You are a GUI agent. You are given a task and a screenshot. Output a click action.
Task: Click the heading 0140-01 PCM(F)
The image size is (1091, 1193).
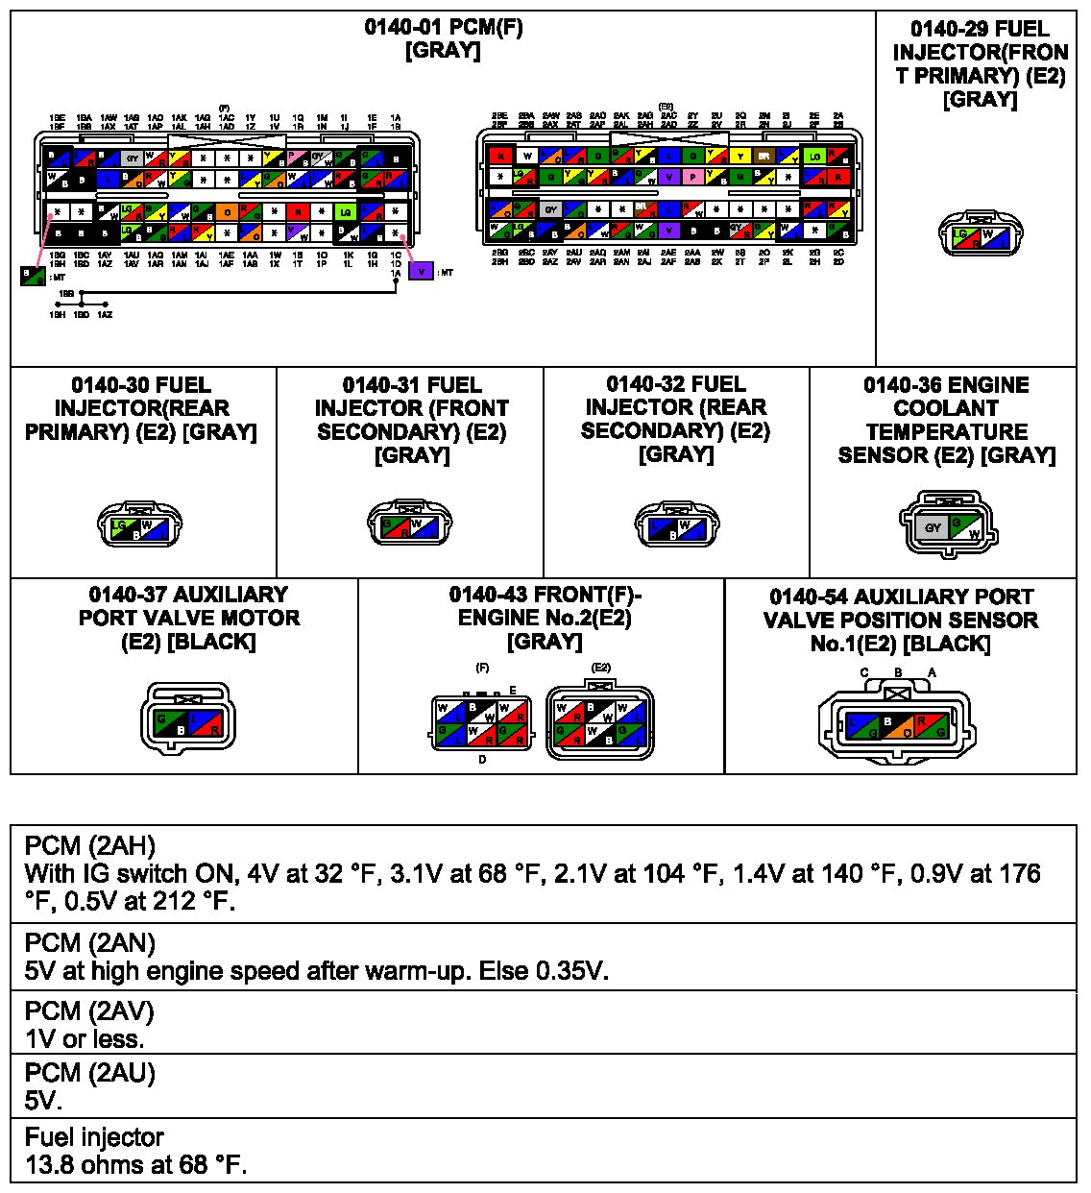(x=443, y=27)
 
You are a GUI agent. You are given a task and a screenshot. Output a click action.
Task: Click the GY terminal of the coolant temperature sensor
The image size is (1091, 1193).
(x=933, y=527)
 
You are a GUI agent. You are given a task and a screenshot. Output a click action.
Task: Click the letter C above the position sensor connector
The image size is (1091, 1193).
(x=864, y=673)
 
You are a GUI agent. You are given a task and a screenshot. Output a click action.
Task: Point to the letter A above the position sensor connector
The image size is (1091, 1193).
(x=932, y=673)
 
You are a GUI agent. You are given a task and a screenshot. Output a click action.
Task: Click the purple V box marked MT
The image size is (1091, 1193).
(x=421, y=272)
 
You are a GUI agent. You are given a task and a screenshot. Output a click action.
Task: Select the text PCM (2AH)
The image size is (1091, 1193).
(x=89, y=846)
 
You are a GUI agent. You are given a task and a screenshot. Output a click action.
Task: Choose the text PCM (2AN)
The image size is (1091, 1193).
(x=89, y=943)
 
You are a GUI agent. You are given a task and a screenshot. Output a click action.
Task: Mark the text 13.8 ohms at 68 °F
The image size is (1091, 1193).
(x=135, y=1165)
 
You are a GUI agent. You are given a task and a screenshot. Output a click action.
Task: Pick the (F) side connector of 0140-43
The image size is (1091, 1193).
(x=481, y=724)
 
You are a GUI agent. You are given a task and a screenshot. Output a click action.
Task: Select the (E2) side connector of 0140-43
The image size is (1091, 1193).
(x=600, y=724)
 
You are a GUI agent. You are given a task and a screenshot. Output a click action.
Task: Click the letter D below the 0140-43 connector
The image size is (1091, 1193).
(x=482, y=760)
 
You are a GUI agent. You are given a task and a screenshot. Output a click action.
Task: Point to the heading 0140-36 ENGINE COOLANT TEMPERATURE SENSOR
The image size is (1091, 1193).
(x=946, y=420)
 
